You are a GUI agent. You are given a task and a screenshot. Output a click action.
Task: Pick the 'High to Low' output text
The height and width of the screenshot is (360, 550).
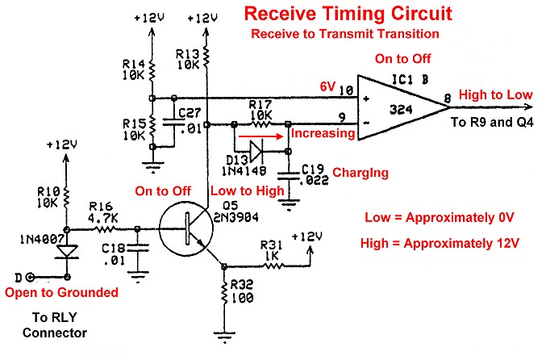495,94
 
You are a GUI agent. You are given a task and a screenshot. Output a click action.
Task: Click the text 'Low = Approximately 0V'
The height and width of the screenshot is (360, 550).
440,218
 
